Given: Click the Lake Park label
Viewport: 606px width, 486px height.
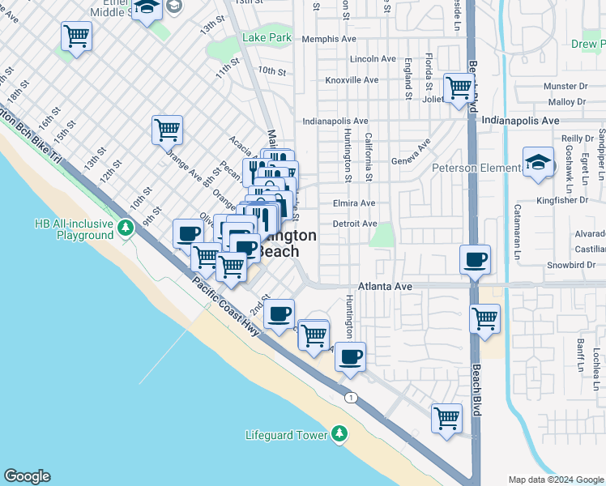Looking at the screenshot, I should click(x=267, y=38).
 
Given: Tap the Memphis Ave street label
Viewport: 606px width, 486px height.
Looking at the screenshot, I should click(x=329, y=39).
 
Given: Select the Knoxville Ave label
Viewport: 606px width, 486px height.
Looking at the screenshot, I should click(x=352, y=80).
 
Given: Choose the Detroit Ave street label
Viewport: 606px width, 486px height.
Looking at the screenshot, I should click(x=355, y=224).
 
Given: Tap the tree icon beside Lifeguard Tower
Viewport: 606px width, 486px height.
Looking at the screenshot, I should click(x=339, y=436).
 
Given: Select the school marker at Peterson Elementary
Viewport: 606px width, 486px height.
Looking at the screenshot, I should click(x=538, y=162).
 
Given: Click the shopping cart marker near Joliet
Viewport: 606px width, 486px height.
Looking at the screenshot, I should click(x=459, y=87).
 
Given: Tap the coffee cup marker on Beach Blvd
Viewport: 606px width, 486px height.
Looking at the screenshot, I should click(x=475, y=259).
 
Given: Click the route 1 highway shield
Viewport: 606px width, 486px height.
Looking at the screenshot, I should click(x=351, y=397).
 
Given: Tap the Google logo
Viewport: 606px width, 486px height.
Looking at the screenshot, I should click(x=27, y=476).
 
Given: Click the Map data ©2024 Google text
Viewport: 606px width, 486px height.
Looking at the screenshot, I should click(x=555, y=480).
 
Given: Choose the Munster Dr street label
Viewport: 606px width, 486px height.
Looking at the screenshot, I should click(x=566, y=86).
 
